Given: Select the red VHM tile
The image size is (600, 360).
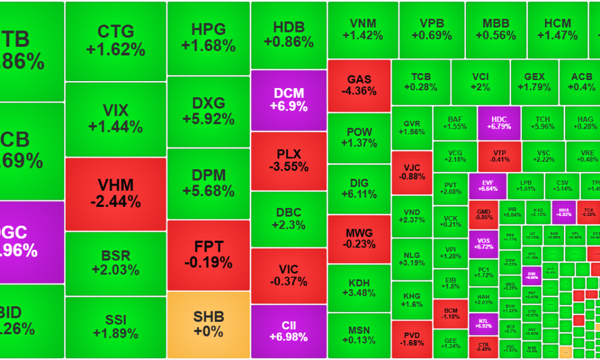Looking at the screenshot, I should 115,193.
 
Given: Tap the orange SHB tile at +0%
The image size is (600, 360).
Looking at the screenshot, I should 209,323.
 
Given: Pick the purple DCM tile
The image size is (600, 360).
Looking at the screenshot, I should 289,100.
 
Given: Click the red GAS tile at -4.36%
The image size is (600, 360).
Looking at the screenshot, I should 359,85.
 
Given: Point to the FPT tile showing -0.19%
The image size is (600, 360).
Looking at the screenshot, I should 209,254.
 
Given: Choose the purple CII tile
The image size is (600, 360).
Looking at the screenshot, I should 289,331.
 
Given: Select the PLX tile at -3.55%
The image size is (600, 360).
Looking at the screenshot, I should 289,161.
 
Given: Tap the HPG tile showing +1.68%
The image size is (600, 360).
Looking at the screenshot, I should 209,37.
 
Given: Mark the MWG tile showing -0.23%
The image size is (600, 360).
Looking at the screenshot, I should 359,238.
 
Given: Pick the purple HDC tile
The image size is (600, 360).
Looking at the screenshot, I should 499,122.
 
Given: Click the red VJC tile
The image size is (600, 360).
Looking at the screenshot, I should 412,172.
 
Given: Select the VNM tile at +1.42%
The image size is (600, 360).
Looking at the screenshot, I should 363,29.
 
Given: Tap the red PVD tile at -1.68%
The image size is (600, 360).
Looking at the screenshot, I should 412,339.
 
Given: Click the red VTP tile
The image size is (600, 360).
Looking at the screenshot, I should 499,156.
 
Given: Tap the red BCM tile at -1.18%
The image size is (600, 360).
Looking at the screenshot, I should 451,313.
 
